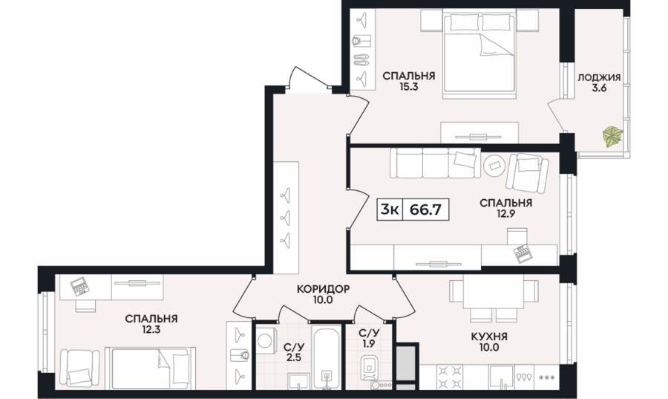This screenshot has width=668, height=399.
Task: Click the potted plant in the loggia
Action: click(612, 137)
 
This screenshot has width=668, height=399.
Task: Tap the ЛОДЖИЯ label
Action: click(599, 77)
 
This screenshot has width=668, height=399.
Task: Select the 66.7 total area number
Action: click(425, 210)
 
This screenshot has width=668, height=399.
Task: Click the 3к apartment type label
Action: click(390, 210)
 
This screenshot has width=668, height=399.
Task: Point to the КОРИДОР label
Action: click(324, 289)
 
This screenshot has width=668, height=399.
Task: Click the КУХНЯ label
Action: click(489, 337)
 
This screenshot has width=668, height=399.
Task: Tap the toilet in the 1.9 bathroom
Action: click(368, 368)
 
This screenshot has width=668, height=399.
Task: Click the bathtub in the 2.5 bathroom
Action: click(327, 357)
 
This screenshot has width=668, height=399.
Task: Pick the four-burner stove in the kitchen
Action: click(450, 377)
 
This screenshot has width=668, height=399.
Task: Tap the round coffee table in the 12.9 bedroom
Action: click(494, 165)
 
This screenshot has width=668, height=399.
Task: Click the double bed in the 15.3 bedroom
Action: click(479, 54)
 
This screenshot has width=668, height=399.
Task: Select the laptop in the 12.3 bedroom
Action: click(79, 287)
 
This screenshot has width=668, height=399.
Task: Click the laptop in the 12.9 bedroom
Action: click(522, 255)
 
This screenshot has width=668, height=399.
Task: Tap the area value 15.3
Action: click(408, 87)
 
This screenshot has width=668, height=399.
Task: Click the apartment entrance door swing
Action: click(309, 78)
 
